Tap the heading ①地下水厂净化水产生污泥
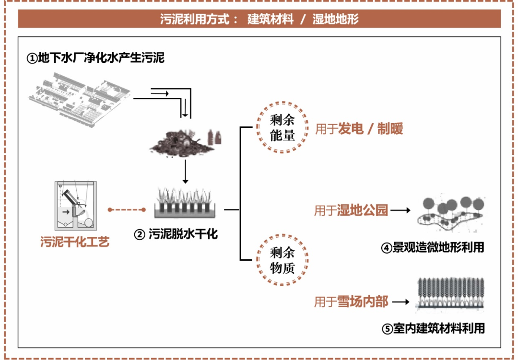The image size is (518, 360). pyautogui.click(x=95, y=58)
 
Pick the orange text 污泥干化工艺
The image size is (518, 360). pyautogui.click(x=75, y=242)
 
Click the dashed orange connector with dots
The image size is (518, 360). pyautogui.click(x=127, y=209)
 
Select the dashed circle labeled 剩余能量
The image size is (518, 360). pyautogui.click(x=282, y=127)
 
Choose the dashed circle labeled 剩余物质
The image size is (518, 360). pyautogui.click(x=282, y=260)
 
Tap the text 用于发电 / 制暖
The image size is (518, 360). pyautogui.click(x=359, y=128)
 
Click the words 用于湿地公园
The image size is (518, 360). pyautogui.click(x=351, y=210)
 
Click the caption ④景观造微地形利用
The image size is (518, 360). pyautogui.click(x=432, y=247)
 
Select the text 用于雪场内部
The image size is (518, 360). pyautogui.click(x=351, y=302)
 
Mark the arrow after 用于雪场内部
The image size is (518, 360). pyautogui.click(x=401, y=302)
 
